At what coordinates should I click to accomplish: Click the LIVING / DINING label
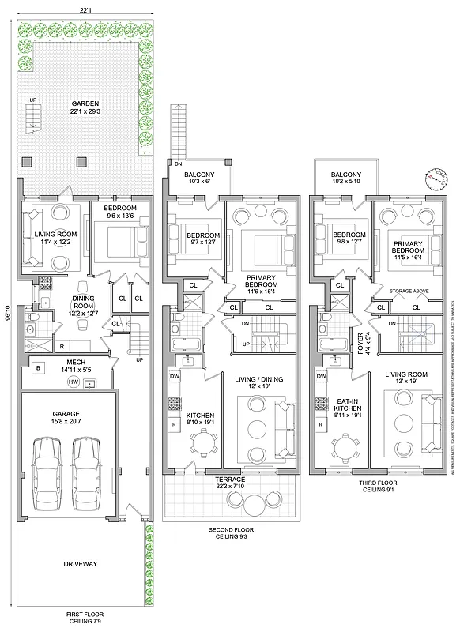click(257, 382)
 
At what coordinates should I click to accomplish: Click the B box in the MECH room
click(37, 368)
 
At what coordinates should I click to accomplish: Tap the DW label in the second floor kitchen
click(174, 378)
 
